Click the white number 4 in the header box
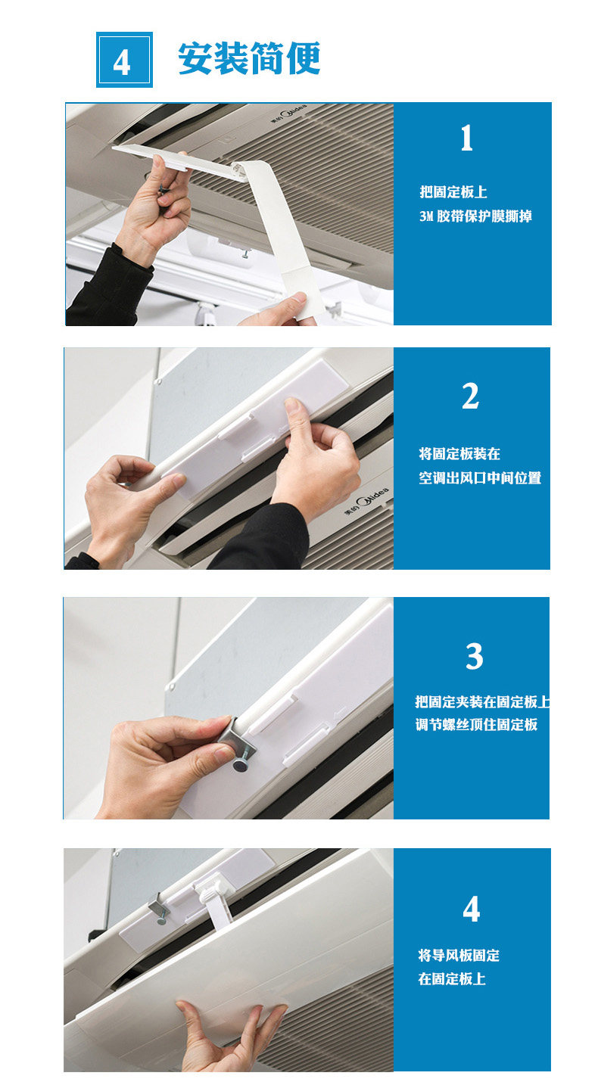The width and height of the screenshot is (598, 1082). pyautogui.click(x=123, y=61)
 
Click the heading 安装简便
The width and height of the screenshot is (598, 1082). pyautogui.click(x=249, y=59)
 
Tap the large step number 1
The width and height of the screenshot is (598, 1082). pyautogui.click(x=467, y=138)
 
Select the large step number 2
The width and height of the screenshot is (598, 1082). pyautogui.click(x=470, y=396)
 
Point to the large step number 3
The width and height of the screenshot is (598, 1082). pyautogui.click(x=474, y=657)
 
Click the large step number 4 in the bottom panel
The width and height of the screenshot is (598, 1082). pyautogui.click(x=471, y=909)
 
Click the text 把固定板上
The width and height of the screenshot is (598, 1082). pyautogui.click(x=453, y=192)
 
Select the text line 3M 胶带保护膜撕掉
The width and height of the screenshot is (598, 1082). pyautogui.click(x=475, y=216)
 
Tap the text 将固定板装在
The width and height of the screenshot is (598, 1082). pyautogui.click(x=459, y=454)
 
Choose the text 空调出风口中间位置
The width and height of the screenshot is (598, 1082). pyautogui.click(x=480, y=478)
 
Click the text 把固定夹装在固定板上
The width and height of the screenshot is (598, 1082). pyautogui.click(x=481, y=701)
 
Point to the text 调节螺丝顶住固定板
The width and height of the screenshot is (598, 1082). pyautogui.click(x=476, y=725)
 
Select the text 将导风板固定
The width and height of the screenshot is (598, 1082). pyautogui.click(x=459, y=955)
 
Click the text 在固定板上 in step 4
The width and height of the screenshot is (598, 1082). pyautogui.click(x=452, y=979)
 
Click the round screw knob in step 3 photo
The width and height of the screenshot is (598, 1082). pyautogui.click(x=241, y=766)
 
